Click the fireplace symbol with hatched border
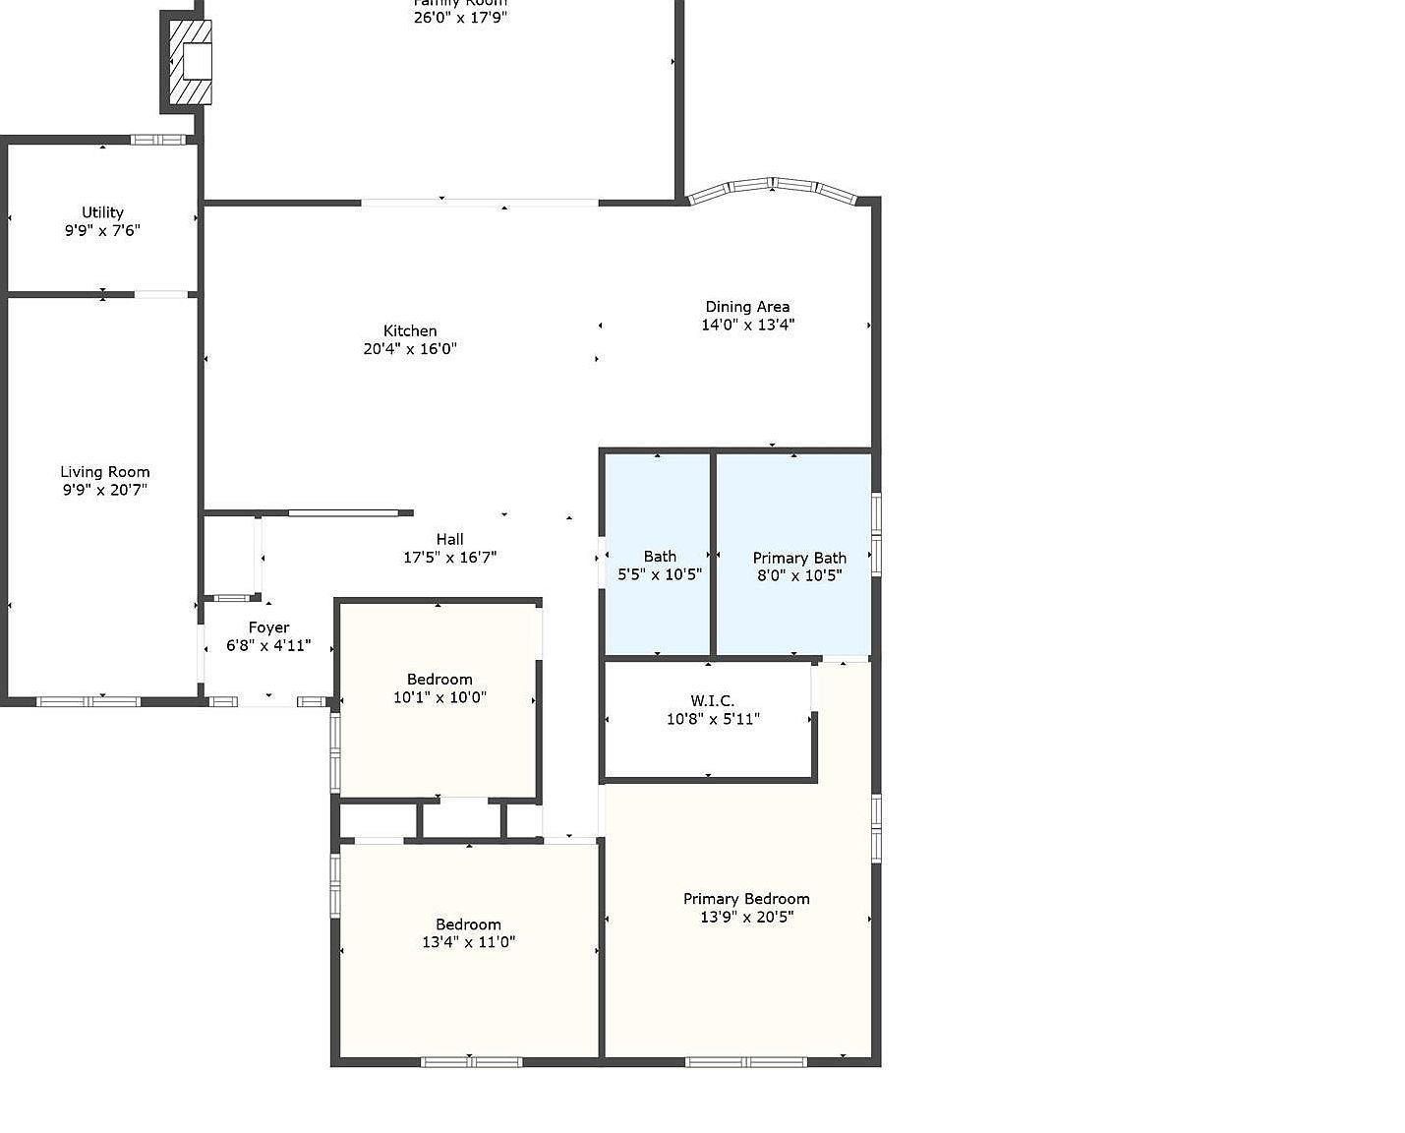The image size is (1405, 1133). click(191, 62)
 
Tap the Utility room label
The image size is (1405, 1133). click(102, 212)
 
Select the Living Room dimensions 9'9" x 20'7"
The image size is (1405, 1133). click(104, 490)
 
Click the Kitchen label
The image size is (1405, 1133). click(410, 331)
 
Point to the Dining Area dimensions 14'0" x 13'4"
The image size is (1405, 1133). click(747, 325)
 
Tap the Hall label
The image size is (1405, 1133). click(449, 539)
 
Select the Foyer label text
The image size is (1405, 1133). click(268, 627)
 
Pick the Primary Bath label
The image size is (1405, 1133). click(798, 558)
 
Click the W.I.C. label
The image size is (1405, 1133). click(712, 701)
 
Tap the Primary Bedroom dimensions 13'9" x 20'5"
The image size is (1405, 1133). click(746, 917)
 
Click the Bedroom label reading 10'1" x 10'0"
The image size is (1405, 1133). click(439, 680)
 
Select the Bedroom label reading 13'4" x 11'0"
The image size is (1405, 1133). click(468, 924)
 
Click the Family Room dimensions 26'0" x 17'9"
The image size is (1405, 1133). click(460, 17)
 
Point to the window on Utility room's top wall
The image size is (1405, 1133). click(158, 140)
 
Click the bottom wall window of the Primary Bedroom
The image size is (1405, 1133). click(745, 1062)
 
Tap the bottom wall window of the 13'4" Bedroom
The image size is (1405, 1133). click(471, 1062)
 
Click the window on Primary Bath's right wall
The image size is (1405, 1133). click(875, 532)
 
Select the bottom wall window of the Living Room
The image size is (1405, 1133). click(88, 701)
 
